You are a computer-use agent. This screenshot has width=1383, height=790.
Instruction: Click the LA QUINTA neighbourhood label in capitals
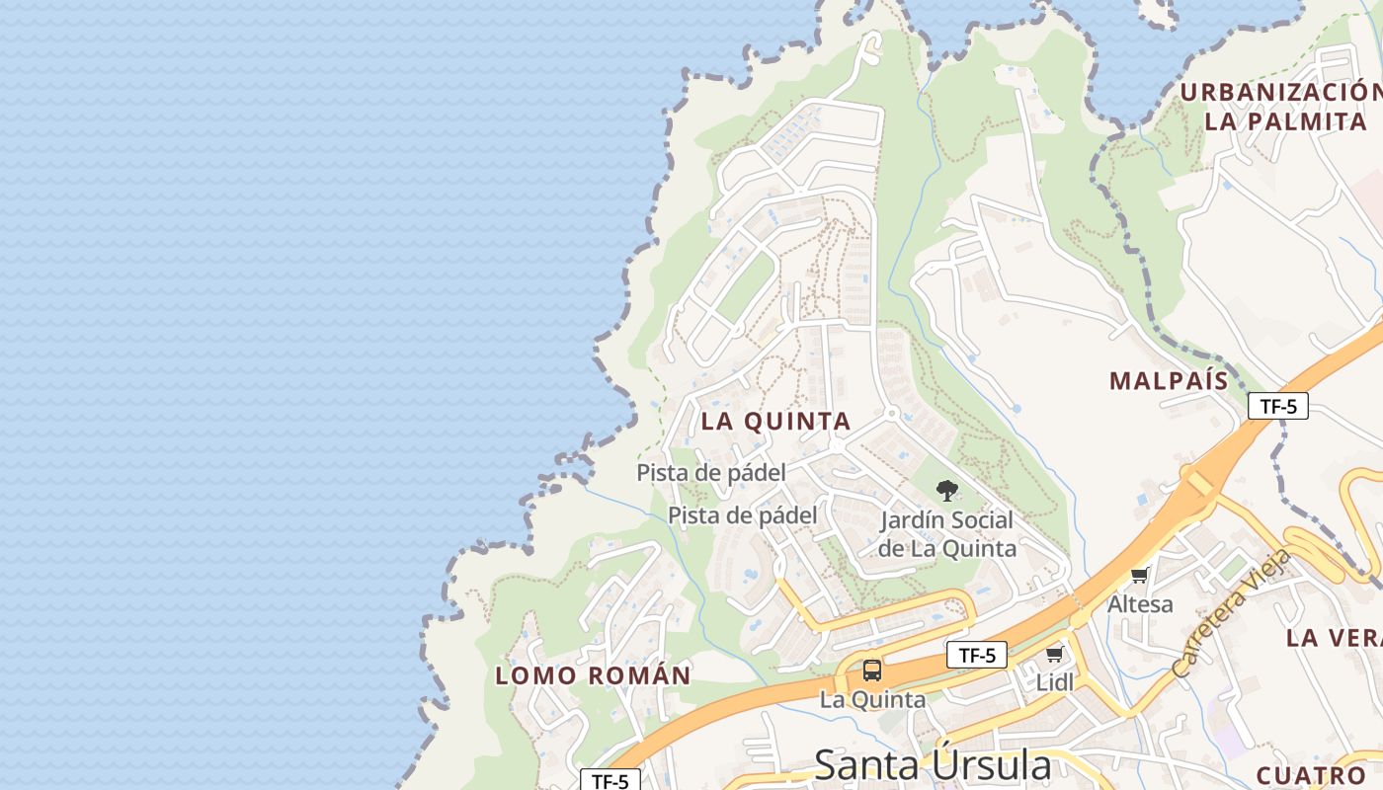(x=775, y=422)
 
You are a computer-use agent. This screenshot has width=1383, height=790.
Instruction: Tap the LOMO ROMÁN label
(x=593, y=676)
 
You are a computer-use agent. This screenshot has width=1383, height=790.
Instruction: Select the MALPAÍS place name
(x=1169, y=381)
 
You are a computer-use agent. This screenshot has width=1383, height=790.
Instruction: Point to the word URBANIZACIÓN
(x=1280, y=93)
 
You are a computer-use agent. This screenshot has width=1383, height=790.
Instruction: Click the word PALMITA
(x=1304, y=122)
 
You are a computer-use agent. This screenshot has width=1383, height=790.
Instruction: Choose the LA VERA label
(x=1334, y=638)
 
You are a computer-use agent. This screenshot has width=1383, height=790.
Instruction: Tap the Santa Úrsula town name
(x=933, y=765)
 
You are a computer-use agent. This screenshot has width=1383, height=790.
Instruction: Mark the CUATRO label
(x=1310, y=775)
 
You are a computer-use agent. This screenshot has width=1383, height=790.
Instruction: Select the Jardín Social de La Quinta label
(x=946, y=534)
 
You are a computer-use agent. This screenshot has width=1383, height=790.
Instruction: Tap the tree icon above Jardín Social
(x=946, y=490)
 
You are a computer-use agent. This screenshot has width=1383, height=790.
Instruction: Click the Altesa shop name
(x=1140, y=603)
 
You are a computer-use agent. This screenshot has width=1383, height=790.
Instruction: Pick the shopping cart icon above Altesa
(x=1140, y=575)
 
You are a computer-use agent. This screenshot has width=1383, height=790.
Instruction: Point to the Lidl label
(x=1054, y=682)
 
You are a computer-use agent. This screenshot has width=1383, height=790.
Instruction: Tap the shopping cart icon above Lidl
(x=1054, y=655)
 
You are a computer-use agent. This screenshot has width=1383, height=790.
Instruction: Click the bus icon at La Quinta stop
(x=872, y=671)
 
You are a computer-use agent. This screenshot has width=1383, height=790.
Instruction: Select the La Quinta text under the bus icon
(x=872, y=700)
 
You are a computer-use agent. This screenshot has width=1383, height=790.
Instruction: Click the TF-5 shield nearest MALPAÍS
(x=1278, y=406)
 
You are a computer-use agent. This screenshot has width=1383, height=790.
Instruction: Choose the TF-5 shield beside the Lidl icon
(x=977, y=655)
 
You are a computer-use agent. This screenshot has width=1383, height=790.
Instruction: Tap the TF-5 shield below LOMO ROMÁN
(x=610, y=781)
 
